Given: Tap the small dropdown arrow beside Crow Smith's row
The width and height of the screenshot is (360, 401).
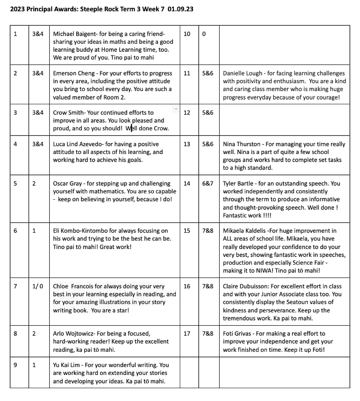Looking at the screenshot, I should pyautogui.click(x=175, y=109).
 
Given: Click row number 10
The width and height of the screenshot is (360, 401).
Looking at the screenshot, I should pyautogui.click(x=187, y=34).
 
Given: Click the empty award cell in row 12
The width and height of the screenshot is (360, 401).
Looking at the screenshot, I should pyautogui.click(x=285, y=121).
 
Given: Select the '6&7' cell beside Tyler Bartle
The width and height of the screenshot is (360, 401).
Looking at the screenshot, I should pyautogui.click(x=208, y=184).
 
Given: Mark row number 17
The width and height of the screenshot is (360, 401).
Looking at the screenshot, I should pyautogui.click(x=187, y=334).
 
